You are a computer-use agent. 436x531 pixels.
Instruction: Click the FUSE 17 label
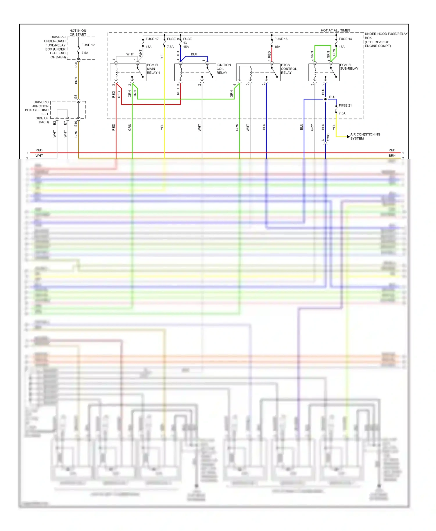[152, 39]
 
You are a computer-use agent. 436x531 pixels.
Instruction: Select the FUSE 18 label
[281, 39]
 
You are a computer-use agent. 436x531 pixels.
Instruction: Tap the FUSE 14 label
[345, 39]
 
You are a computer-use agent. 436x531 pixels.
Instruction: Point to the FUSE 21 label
[345, 105]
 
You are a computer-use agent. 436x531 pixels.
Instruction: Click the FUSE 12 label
[88, 45]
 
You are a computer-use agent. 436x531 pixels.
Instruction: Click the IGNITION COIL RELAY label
[224, 69]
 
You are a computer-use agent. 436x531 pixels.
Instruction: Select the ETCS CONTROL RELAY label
[289, 69]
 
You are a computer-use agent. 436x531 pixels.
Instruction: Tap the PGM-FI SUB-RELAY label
[349, 67]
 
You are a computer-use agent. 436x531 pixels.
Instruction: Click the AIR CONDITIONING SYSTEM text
[365, 137]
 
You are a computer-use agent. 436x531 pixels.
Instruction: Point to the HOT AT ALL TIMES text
[335, 30]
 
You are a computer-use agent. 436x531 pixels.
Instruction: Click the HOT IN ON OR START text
[78, 33]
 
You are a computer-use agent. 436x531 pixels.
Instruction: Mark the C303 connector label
[328, 137]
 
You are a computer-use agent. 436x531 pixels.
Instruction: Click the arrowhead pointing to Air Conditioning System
[348, 137]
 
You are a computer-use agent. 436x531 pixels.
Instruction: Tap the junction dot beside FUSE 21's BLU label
[325, 99]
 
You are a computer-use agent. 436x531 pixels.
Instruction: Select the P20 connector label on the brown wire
[76, 64]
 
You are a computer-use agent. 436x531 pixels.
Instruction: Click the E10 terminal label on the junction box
[76, 124]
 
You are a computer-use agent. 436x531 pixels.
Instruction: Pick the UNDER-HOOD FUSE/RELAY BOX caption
[386, 40]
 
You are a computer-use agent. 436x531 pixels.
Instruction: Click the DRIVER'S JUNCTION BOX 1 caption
[37, 112]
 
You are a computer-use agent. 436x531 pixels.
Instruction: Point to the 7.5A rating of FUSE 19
[170, 47]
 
